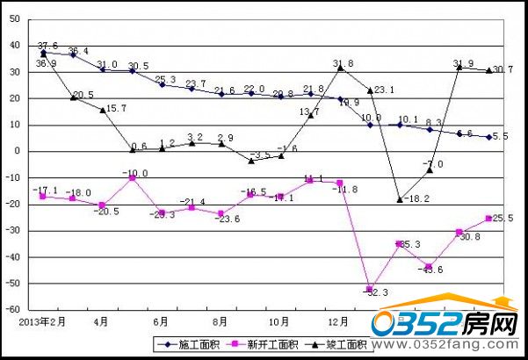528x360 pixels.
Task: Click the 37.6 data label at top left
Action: pos(47,46)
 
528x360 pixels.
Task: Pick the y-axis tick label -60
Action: pos(13,310)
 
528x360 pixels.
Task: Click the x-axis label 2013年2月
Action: pos(41,322)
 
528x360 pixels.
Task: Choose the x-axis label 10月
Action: pos(278,322)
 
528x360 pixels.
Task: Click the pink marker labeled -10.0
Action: pos(132,177)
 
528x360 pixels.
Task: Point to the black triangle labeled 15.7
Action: pos(103,110)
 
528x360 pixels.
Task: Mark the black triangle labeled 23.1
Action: pos(370,90)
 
